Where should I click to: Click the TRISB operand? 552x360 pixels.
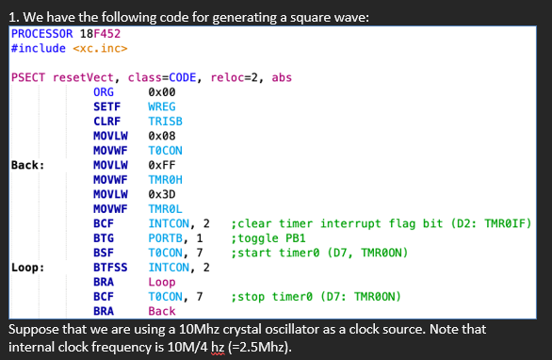click(166, 121)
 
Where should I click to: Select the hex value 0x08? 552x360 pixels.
click(163, 136)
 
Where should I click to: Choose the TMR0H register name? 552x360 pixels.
click(166, 179)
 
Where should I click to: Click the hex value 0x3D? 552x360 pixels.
click(163, 194)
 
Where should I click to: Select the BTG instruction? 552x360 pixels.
click(105, 237)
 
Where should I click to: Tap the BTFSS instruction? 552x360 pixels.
click(110, 267)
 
